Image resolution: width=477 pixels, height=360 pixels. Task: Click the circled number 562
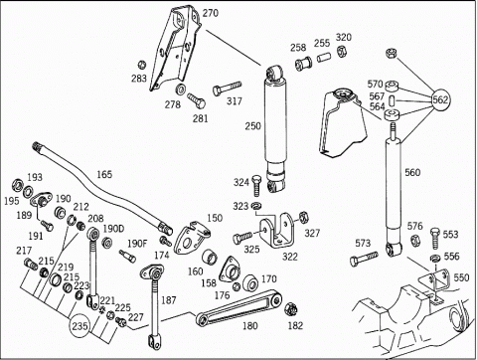click(x=441, y=99)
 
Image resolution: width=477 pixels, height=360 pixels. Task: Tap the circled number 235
click(x=79, y=326)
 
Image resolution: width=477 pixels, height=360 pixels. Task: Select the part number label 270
click(x=211, y=13)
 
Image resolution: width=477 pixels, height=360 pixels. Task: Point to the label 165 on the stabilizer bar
click(x=104, y=174)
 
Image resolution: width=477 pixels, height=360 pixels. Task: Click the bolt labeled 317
click(x=227, y=89)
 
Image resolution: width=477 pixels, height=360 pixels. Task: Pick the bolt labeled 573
click(x=364, y=259)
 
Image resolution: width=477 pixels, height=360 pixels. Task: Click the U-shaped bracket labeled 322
click(x=277, y=230)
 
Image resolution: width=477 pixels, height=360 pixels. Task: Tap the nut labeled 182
click(x=290, y=309)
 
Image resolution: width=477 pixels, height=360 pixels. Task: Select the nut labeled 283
click(x=142, y=65)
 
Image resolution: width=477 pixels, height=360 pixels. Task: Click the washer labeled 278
click(x=181, y=90)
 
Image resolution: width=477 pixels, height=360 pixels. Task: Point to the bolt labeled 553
click(x=436, y=238)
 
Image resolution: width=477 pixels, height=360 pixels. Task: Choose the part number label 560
click(x=412, y=172)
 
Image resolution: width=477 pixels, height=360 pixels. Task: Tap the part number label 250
click(x=253, y=126)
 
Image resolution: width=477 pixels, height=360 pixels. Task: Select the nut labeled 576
click(x=414, y=241)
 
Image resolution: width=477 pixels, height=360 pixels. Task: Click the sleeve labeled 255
click(x=323, y=57)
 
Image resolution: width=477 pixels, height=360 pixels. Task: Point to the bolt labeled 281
click(x=197, y=100)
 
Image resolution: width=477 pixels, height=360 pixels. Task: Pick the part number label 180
click(x=249, y=326)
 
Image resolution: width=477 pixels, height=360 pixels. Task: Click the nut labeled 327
click(x=303, y=218)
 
